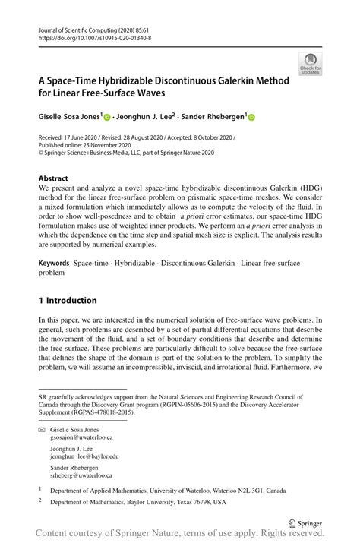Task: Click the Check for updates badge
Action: pos(309,65)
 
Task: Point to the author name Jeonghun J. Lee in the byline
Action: pos(147,117)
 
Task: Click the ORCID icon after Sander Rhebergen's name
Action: pos(252,118)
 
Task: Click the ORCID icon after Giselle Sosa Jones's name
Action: pos(107,118)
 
